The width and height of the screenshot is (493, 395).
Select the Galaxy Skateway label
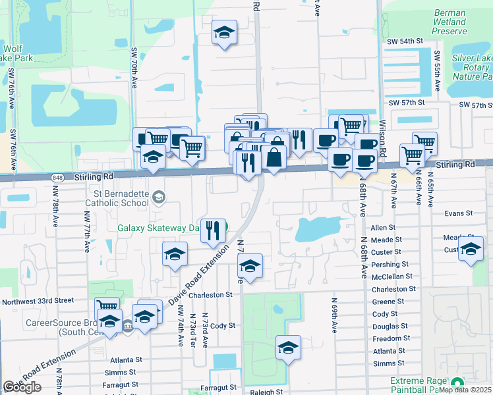click(158, 228)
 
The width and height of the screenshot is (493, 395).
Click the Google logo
click(22, 387)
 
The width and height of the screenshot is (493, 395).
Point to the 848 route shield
click(59, 176)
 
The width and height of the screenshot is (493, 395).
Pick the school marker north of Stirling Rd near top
click(224, 32)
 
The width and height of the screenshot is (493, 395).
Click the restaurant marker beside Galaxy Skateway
click(213, 231)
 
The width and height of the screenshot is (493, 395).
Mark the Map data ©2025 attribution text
click(465, 390)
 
